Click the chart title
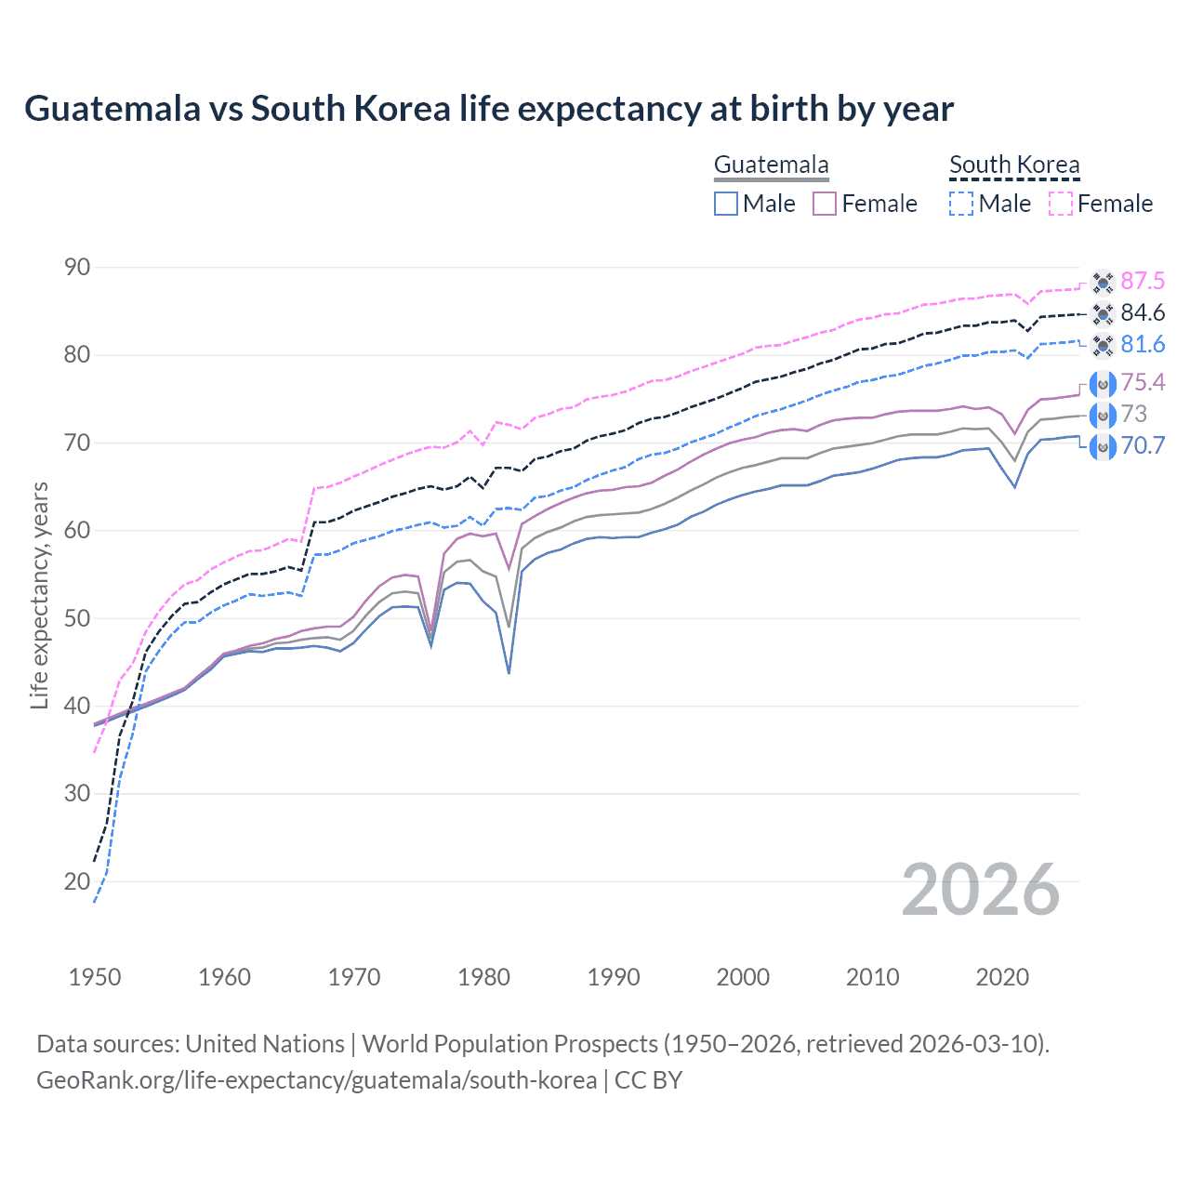[489, 109]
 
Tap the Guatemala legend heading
[771, 165]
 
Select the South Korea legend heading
[1014, 165]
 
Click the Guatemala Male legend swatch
[726, 204]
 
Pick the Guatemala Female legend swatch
[825, 204]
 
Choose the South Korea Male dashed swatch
[961, 204]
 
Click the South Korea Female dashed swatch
[1061, 204]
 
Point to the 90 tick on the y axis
[77, 268]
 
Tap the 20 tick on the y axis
[77, 881]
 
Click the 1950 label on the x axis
[95, 977]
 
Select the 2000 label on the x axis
[743, 977]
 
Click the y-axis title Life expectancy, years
[39, 595]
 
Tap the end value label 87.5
[1143, 282]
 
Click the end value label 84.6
[1143, 313]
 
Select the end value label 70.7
[1143, 445]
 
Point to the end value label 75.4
[1143, 382]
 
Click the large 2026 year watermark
[981, 890]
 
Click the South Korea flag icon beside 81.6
[1103, 345]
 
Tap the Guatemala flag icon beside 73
[1103, 415]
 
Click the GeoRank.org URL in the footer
[316, 1080]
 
